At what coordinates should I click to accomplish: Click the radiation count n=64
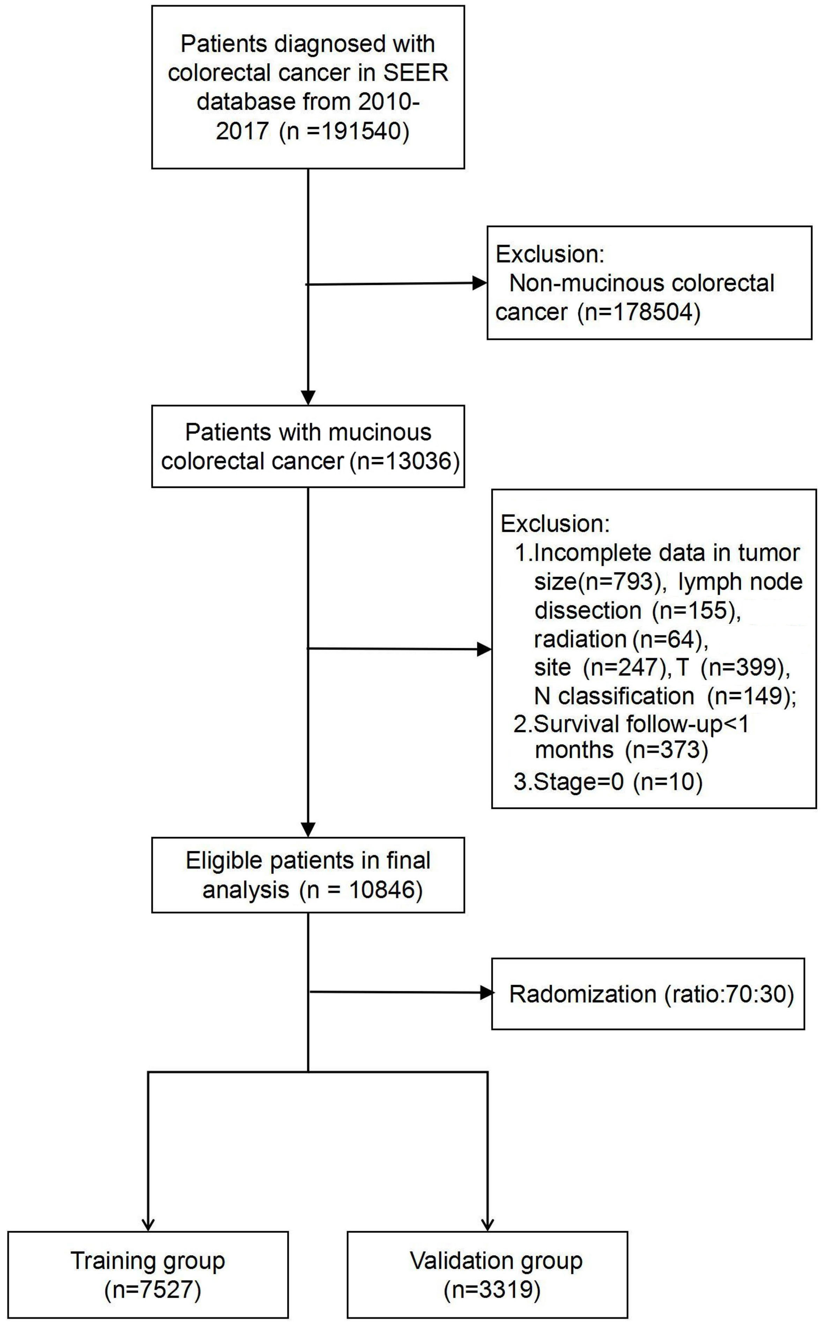click(x=666, y=639)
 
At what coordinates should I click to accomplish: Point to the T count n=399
click(x=738, y=667)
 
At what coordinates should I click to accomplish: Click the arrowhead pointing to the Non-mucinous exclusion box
click(x=480, y=283)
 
